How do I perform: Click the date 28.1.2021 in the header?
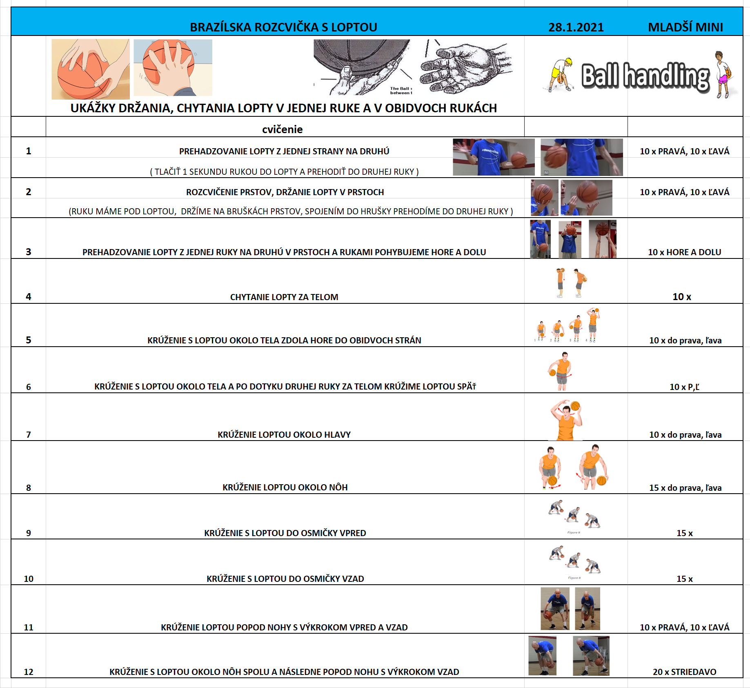coord(576,27)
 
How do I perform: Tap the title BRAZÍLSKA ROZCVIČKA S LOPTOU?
coord(283,27)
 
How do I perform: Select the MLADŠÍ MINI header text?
coord(685,27)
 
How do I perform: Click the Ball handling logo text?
coord(645,76)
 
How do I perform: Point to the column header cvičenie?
coord(283,129)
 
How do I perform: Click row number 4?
coord(29,297)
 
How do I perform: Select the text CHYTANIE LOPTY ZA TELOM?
coord(284,297)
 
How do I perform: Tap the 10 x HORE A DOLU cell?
coord(685,252)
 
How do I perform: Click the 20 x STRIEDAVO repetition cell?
coord(685,672)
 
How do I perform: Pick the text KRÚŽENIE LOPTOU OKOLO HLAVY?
coord(284,435)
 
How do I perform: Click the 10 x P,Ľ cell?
coord(685,387)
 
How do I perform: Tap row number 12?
coord(29,672)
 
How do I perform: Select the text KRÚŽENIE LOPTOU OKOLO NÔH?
coord(285,488)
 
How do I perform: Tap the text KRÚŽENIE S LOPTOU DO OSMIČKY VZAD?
coord(285,579)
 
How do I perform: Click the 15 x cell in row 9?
coord(685,533)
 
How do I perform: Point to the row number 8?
coord(29,488)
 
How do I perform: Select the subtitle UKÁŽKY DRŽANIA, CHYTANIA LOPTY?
coord(283,108)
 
